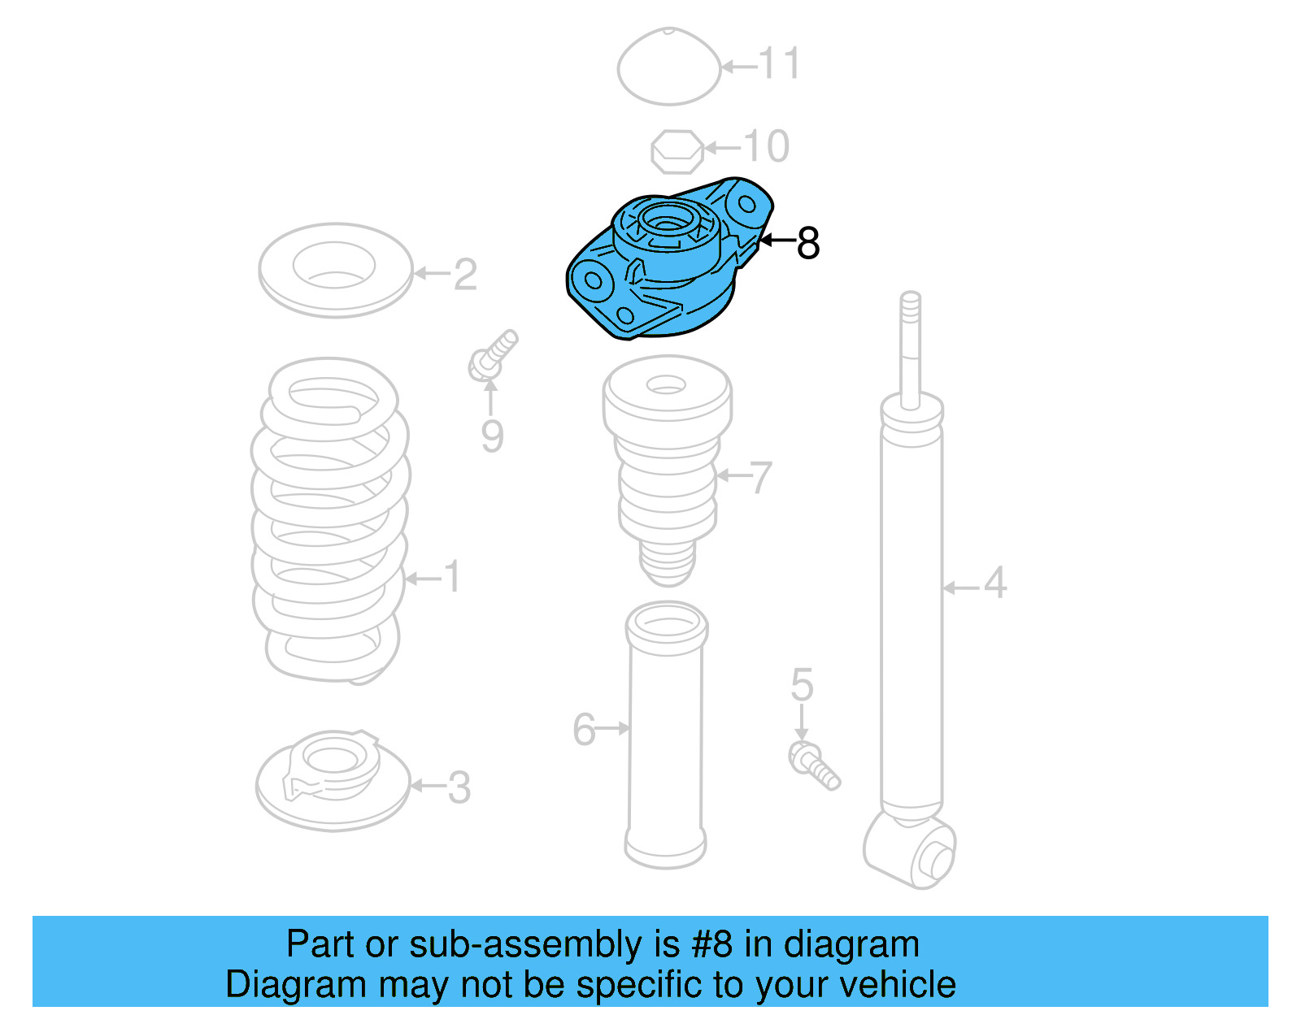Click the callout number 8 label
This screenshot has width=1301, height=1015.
tap(807, 242)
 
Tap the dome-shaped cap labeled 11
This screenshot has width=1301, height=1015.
tap(668, 67)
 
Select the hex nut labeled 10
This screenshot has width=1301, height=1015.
tap(677, 151)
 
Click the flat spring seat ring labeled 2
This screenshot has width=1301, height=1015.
tap(335, 270)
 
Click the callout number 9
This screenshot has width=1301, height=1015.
tap(492, 436)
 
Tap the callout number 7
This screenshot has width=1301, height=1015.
tap(759, 478)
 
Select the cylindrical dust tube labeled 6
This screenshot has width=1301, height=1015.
tap(666, 735)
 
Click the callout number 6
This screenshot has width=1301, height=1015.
tap(584, 729)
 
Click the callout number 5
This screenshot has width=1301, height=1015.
tap(802, 685)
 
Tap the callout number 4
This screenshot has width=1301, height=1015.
tap(995, 583)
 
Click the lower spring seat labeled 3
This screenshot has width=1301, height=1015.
tap(333, 780)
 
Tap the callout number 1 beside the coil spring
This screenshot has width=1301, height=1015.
tap(452, 577)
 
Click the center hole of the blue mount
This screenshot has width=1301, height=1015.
tap(665, 222)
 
